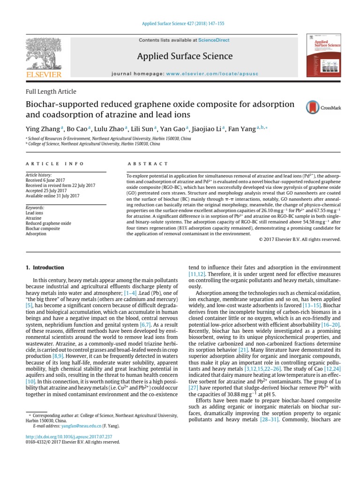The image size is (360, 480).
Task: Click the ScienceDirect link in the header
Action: point(214,40)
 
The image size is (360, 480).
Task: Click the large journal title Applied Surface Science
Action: point(185,57)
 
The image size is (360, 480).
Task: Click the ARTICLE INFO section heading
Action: point(54,164)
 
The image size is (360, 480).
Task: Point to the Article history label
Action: point(38,175)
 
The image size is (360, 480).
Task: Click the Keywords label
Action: point(35,208)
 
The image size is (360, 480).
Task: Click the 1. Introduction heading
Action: point(45,268)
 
